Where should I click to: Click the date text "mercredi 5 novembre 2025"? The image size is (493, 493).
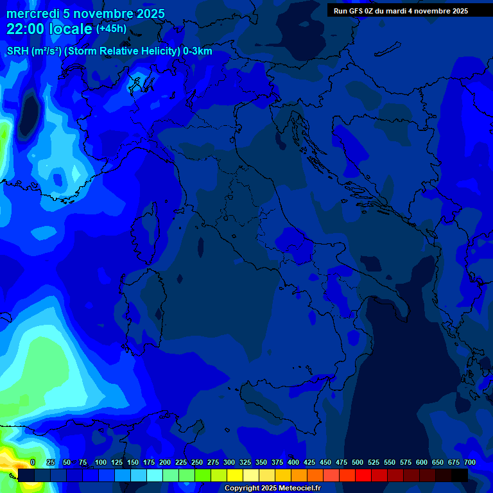[85, 13]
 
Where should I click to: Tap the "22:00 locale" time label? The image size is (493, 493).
[49, 30]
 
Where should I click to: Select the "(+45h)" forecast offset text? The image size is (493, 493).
[111, 29]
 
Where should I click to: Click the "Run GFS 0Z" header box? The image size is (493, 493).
[401, 11]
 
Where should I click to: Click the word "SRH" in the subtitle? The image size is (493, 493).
[18, 51]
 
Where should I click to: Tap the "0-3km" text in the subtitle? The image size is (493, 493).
[197, 51]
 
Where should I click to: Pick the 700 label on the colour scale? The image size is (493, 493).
[469, 462]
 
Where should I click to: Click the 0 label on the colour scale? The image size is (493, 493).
[33, 462]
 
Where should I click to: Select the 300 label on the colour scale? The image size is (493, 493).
[229, 462]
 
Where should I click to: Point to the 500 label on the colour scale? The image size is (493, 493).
[358, 462]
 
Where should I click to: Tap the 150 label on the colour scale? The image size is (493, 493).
[133, 462]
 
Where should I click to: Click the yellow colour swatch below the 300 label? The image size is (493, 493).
[235, 475]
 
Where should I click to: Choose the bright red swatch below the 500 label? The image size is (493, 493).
[363, 475]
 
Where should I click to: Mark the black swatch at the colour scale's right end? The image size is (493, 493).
[460, 475]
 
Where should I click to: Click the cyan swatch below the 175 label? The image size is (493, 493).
[155, 475]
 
